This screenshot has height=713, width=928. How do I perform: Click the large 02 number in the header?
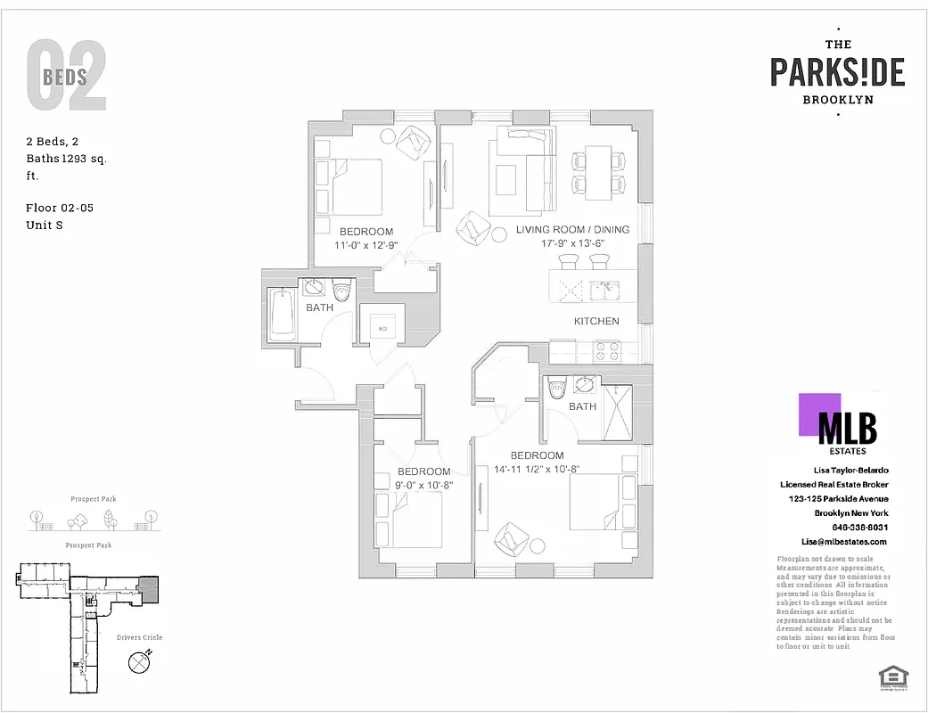[x=67, y=78]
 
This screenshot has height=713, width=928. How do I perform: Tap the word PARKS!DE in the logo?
[x=837, y=72]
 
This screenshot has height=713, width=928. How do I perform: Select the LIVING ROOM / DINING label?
[x=572, y=230]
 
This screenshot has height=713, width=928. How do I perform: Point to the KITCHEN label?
[x=596, y=321]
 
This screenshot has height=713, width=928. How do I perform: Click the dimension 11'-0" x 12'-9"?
[x=365, y=245]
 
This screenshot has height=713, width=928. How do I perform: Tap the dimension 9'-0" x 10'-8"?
[x=423, y=486]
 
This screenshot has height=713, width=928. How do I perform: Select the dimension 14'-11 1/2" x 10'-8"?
[x=537, y=470]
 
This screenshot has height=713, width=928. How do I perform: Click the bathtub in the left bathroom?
[x=283, y=313]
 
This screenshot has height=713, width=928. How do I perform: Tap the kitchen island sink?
[x=604, y=289]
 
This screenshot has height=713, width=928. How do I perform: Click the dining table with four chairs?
[x=599, y=172]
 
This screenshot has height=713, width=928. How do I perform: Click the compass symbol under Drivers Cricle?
[x=139, y=662]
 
